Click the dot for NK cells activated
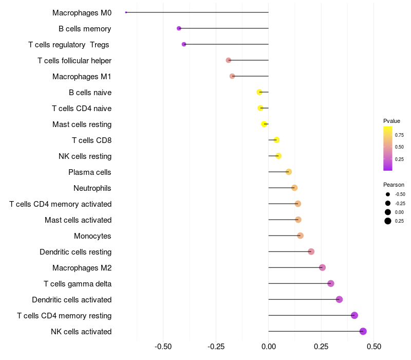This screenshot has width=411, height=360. point(363,331)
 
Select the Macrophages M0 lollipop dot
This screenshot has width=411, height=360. point(126,12)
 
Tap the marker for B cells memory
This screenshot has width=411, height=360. point(179,28)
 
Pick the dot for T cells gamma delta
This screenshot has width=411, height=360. point(331,283)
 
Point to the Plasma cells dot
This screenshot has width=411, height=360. point(289,172)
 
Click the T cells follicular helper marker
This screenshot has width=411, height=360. point(229,60)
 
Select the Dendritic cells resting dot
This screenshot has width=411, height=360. point(311,251)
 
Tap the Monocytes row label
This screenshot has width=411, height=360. point(93,236)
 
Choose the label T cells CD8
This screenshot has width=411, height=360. point(92,140)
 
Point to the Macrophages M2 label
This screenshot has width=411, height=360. point(82,268)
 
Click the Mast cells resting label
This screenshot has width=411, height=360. point(82,124)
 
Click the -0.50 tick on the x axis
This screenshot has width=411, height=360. point(163,347)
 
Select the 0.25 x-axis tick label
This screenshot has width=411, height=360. point(321,347)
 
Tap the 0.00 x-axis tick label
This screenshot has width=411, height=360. point(269,347)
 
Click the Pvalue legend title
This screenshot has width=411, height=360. point(391,121)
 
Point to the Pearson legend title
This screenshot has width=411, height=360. point(394,185)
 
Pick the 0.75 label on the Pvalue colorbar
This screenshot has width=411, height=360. point(399,135)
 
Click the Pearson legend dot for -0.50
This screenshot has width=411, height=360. point(387,194)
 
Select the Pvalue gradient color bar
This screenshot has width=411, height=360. point(388,148)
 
